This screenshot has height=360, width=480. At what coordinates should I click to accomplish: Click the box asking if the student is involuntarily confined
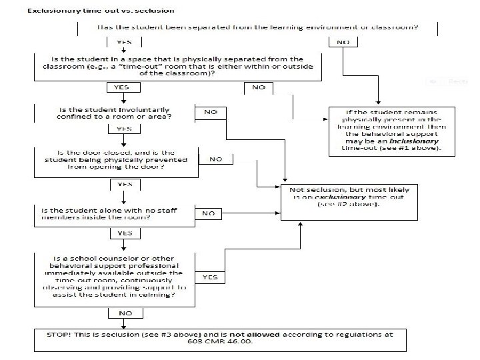[x=113, y=113]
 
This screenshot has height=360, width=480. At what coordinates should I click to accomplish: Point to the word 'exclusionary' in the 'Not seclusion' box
[x=329, y=197]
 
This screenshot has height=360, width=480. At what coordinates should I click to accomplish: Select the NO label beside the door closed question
[x=216, y=159]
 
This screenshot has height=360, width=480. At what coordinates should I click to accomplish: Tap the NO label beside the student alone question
[x=209, y=213]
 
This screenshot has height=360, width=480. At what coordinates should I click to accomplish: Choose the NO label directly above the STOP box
[x=125, y=312]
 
